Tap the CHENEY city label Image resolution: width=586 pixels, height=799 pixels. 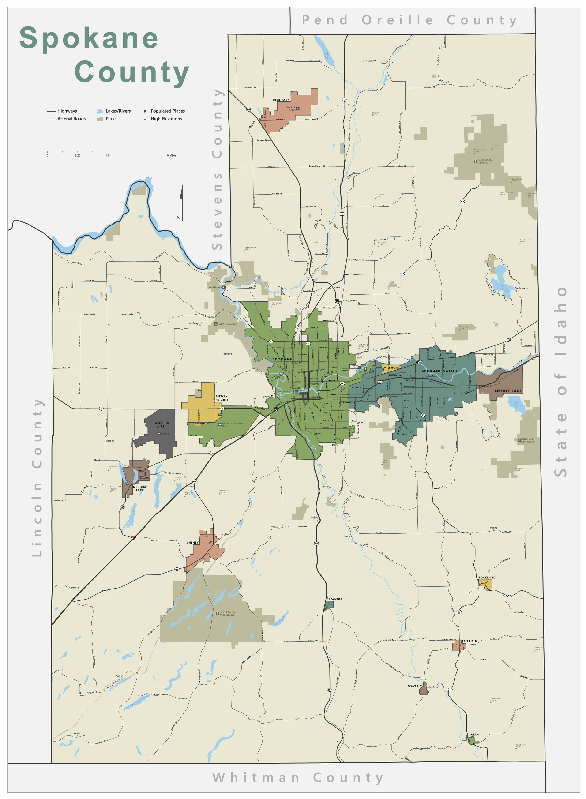click(x=193, y=543)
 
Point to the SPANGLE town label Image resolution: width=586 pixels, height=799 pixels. click(x=335, y=599)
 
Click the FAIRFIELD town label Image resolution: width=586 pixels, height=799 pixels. click(x=469, y=641)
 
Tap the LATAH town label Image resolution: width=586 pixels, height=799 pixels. click(x=474, y=735)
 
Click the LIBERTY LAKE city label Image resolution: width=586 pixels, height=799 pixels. click(x=508, y=391)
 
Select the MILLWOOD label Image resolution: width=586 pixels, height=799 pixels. click(x=392, y=368)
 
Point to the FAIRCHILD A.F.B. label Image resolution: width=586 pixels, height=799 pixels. click(x=162, y=424)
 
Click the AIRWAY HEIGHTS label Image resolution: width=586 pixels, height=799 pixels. click(x=222, y=398)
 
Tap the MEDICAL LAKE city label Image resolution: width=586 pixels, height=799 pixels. click(x=140, y=488)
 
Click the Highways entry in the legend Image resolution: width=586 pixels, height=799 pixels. click(x=67, y=111)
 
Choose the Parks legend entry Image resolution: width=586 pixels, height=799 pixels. click(x=111, y=119)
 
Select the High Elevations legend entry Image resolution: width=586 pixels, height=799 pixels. click(x=166, y=119)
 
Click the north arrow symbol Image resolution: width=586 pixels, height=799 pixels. click(x=181, y=202)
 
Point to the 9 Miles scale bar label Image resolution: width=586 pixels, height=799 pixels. click(x=172, y=155)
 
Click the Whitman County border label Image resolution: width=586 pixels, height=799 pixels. click(x=297, y=778)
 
